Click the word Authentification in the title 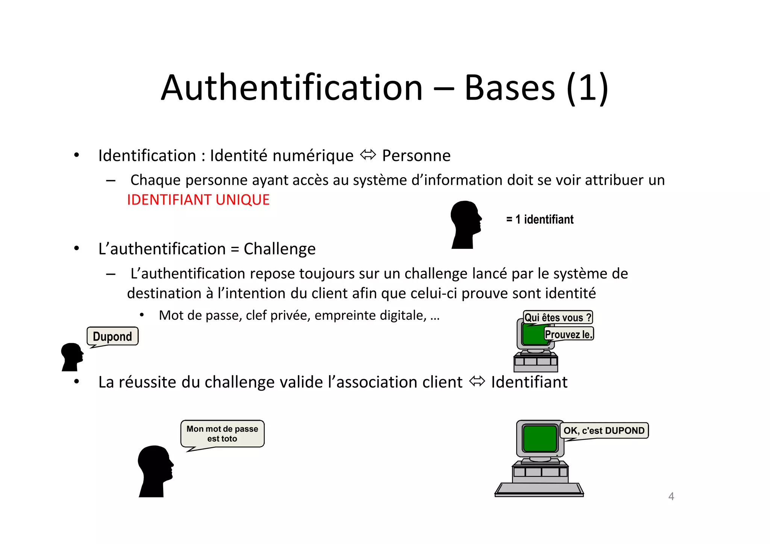pos(292,88)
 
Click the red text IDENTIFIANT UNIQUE pos(198,200)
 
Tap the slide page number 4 pos(671,496)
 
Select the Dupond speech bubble pos(112,336)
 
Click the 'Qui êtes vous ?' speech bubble pos(558,317)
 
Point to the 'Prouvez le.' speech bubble pos(568,334)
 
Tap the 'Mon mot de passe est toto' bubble pos(222,433)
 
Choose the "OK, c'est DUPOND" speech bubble pos(604,430)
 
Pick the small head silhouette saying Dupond pos(71,356)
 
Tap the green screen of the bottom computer pos(540,438)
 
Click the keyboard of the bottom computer pos(539,489)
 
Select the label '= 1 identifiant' pos(540,219)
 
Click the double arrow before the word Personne pos(368,155)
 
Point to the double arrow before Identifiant pos(477,382)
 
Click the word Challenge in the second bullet pos(279,249)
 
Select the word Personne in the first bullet pos(416,156)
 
